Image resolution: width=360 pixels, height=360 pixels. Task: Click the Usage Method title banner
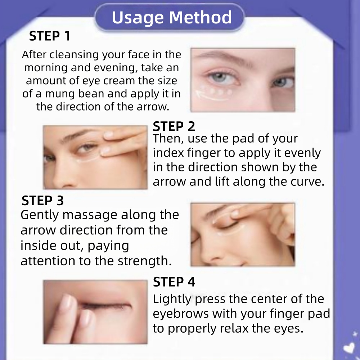[170, 17]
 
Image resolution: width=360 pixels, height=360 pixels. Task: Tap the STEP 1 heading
[50, 36]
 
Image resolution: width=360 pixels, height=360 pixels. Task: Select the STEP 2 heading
[174, 126]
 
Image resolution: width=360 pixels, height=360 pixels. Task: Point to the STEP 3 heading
[42, 201]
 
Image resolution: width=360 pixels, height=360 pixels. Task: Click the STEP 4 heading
[174, 282]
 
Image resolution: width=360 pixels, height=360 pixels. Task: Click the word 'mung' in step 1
[59, 94]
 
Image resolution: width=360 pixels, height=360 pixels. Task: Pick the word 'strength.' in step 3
[145, 261]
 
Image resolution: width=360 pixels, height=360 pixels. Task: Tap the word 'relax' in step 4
[234, 328]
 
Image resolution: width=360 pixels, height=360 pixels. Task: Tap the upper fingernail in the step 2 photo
[108, 135]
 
